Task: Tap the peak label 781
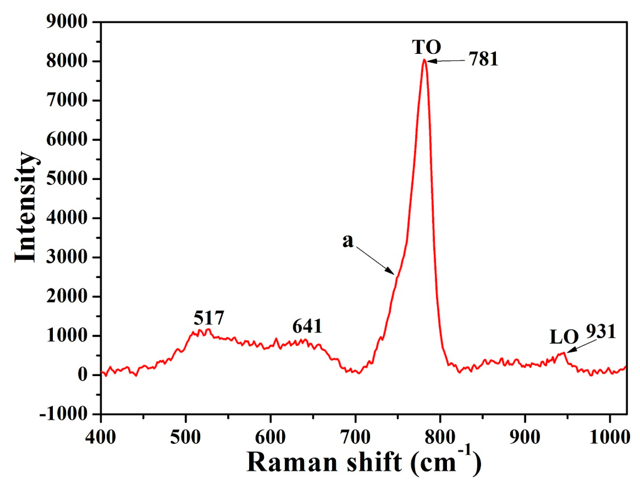(483, 59)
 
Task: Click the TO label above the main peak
(426, 47)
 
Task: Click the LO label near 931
(564, 337)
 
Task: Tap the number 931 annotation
(601, 331)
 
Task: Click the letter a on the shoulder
(348, 240)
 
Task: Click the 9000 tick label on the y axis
(67, 22)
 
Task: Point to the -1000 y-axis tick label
(63, 414)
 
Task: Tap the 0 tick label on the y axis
(82, 375)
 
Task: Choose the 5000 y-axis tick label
(67, 178)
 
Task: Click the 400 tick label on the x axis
(101, 437)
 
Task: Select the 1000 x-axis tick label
(609, 437)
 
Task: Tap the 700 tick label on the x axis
(355, 437)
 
